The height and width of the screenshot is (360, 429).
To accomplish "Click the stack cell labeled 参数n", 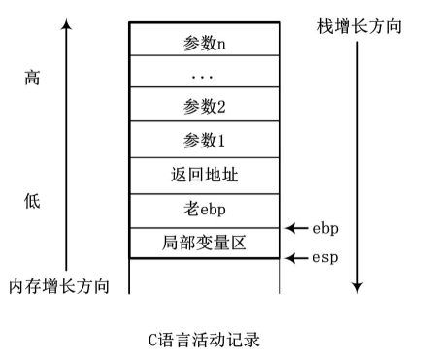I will pos(204,43).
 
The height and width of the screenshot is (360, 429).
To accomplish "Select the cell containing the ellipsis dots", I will pos(204,74).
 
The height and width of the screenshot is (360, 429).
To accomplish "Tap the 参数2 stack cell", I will pos(204,106).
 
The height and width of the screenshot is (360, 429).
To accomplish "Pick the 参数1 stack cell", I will pos(204,142).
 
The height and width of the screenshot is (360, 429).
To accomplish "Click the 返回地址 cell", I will pos(204,177).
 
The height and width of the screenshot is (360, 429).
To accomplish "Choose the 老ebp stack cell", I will pos(204,211).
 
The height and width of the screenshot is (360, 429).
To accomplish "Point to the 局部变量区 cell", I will pos(204,243).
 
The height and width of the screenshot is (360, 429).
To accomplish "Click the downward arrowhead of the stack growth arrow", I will pos(358,287).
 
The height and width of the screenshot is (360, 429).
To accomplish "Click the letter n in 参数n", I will pos(221,44).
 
